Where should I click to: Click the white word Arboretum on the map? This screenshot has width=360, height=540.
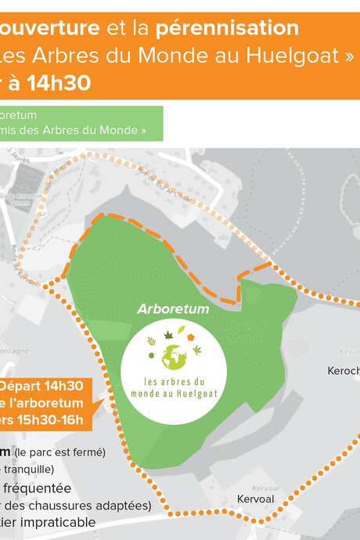(x=173, y=309)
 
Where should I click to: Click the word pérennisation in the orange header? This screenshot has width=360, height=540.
(x=226, y=29)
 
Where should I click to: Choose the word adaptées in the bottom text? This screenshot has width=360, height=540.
(x=126, y=505)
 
